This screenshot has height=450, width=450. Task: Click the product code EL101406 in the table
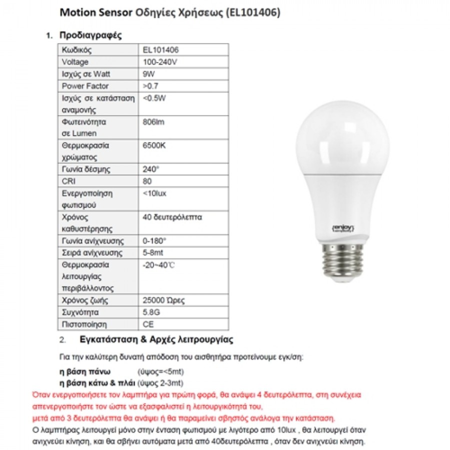(x=161, y=50)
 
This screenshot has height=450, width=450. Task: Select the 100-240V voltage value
(x=160, y=62)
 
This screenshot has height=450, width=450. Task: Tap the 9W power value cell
(x=149, y=74)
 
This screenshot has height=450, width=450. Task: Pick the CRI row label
(x=68, y=181)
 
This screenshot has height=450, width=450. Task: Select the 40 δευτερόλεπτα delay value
(x=172, y=217)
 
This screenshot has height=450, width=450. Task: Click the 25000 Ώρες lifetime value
(x=163, y=300)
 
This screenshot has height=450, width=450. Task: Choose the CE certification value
(x=148, y=324)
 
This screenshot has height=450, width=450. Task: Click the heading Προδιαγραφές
(x=90, y=35)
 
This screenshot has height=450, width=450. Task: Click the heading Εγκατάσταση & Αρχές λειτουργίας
(x=156, y=340)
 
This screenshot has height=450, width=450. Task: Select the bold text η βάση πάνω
(x=84, y=372)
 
